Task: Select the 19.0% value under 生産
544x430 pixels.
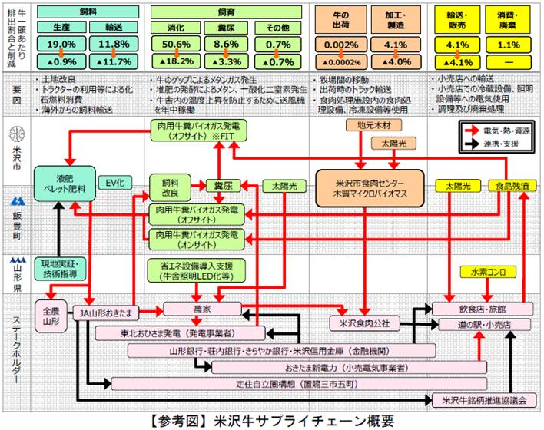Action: pyautogui.click(x=61, y=44)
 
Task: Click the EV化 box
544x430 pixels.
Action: pyautogui.click(x=111, y=183)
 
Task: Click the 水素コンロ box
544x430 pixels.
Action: pyautogui.click(x=485, y=271)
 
